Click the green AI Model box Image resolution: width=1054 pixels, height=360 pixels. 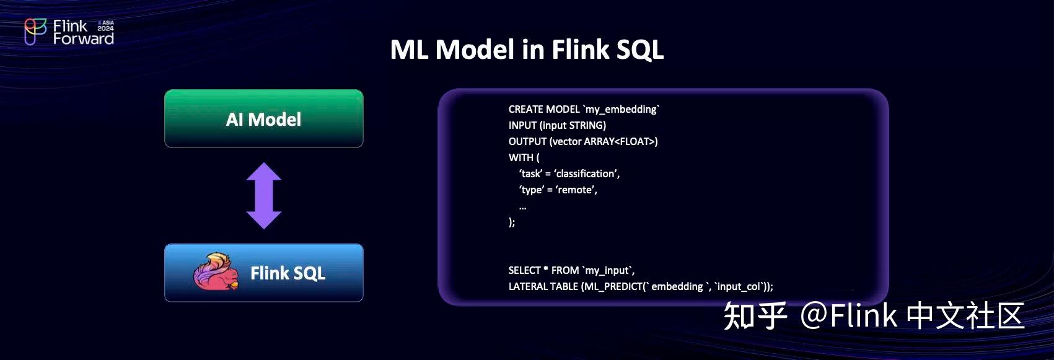pyautogui.click(x=263, y=118)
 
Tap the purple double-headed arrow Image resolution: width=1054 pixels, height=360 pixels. pyautogui.click(x=264, y=196)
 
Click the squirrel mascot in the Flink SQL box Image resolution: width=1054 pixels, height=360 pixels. pyautogui.click(x=216, y=272)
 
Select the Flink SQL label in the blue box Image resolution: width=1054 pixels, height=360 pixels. pyautogui.click(x=288, y=273)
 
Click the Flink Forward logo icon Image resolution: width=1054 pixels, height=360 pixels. pyautogui.click(x=35, y=31)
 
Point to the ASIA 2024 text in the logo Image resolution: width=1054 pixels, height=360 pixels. pyautogui.click(x=106, y=25)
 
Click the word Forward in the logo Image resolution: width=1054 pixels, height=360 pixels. pyautogui.click(x=83, y=39)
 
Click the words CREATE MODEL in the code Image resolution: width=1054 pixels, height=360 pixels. pyautogui.click(x=543, y=109)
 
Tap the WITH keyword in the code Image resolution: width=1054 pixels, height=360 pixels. pyautogui.click(x=520, y=157)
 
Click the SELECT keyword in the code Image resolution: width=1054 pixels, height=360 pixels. pyautogui.click(x=524, y=270)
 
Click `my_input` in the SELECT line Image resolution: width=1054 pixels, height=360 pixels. pyautogui.click(x=608, y=270)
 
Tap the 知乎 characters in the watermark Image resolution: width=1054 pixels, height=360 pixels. pyautogui.click(x=755, y=315)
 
